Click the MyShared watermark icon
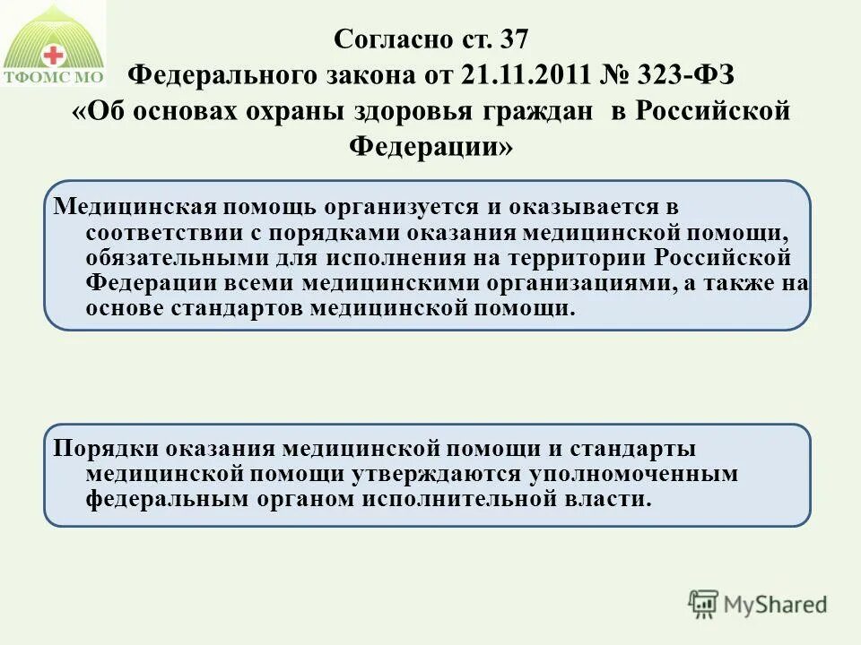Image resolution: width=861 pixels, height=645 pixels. (x=704, y=603)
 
